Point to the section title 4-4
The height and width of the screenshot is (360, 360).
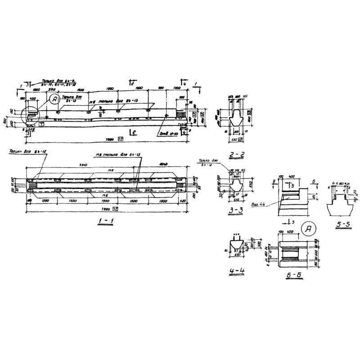[x=237, y=271]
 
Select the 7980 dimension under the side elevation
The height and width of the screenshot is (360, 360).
[x=108, y=139]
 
